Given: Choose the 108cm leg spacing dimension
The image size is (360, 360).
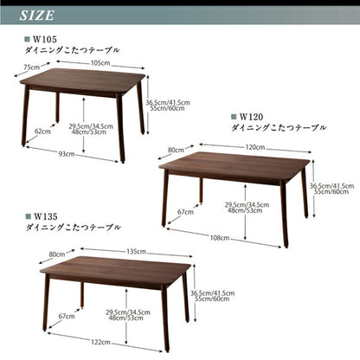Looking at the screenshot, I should [x=220, y=236].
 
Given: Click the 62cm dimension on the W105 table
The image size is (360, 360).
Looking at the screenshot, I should [x=42, y=132].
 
